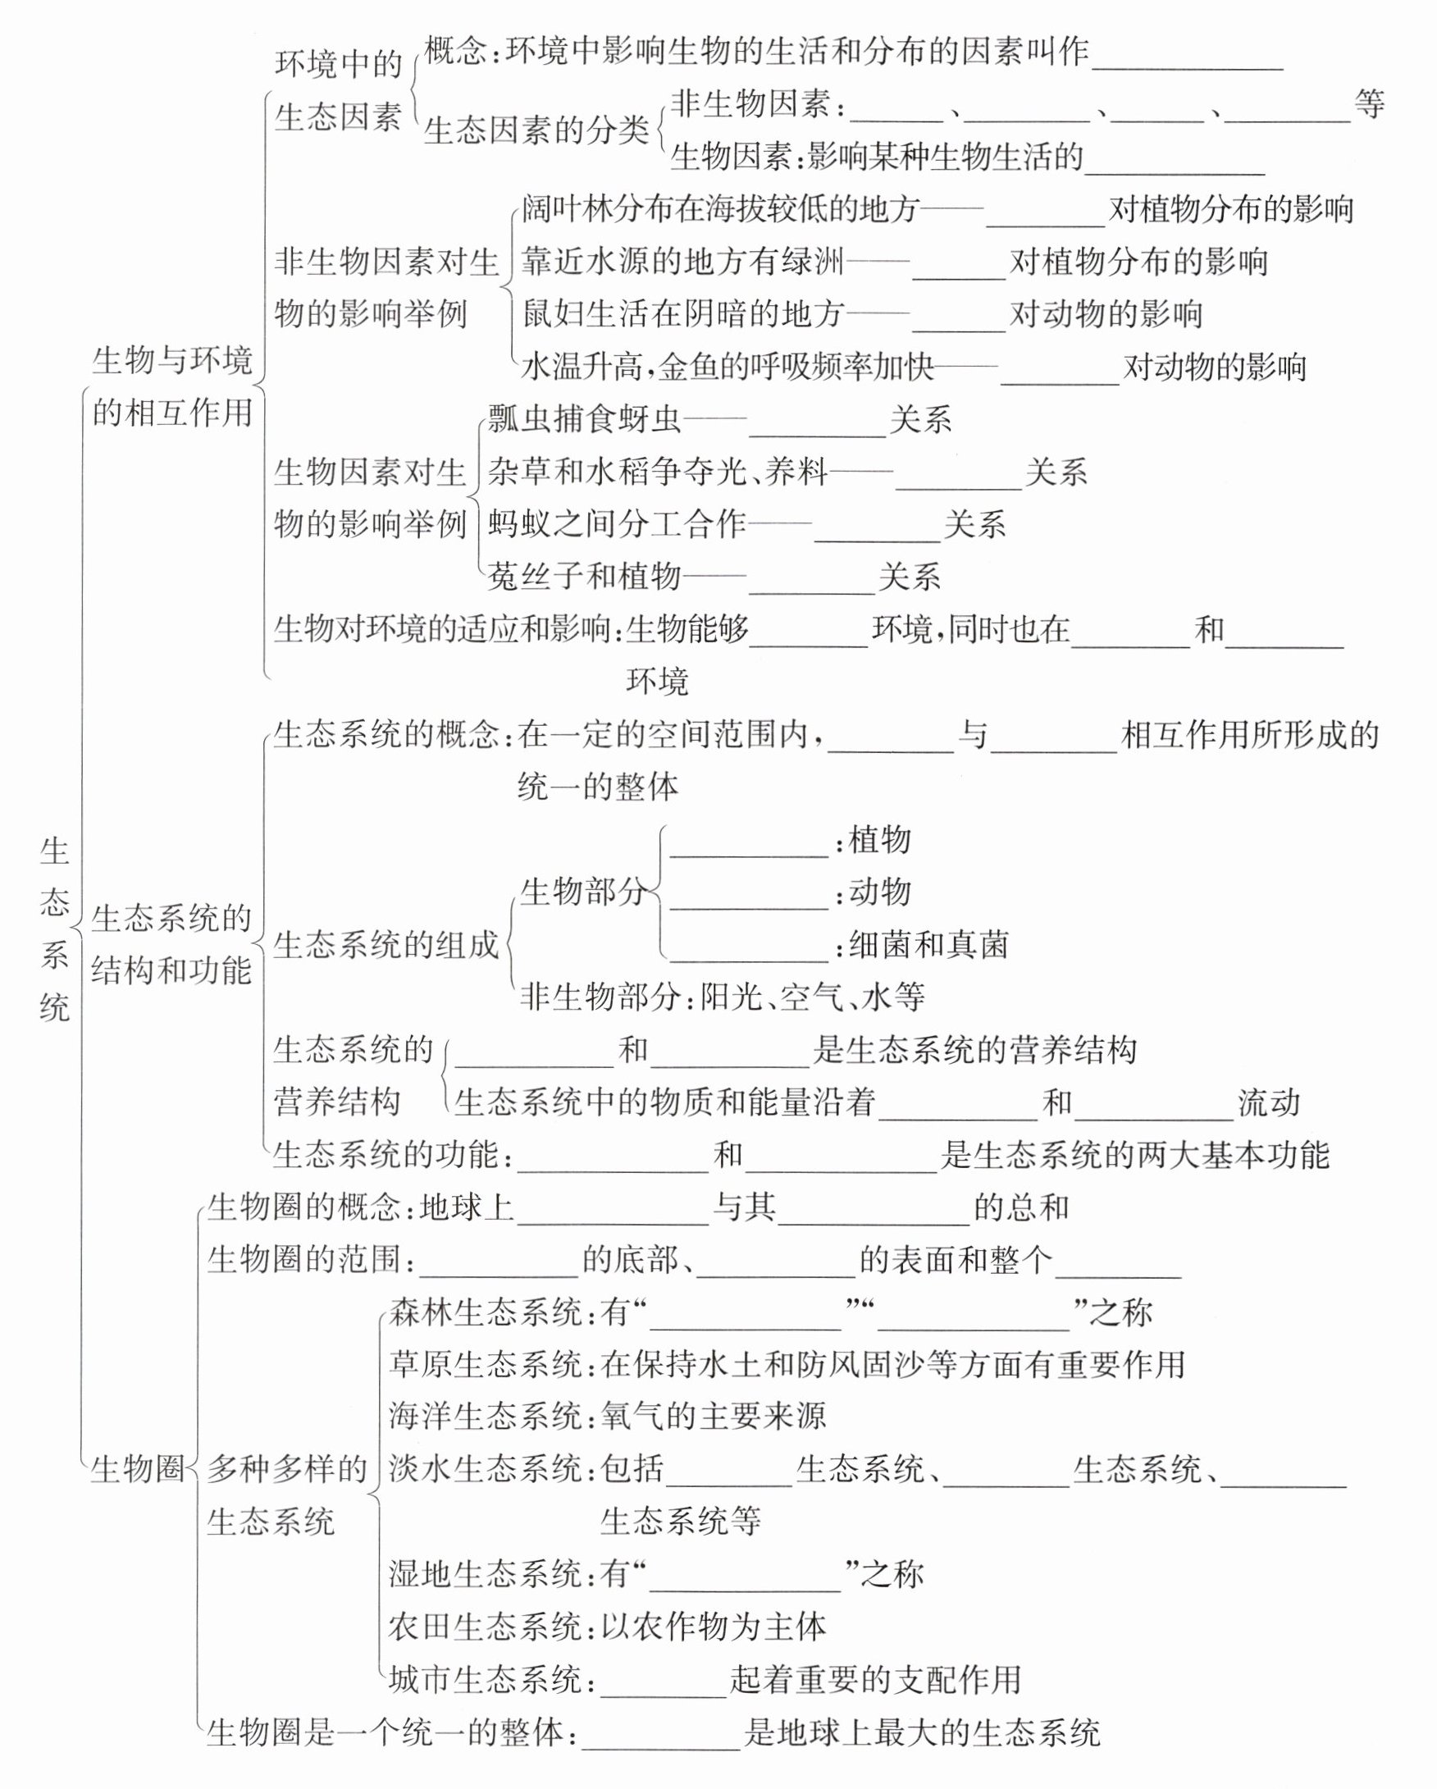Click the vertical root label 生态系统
click(55, 929)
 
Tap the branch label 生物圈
click(137, 1470)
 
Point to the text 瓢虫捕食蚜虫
click(584, 420)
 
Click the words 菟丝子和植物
click(584, 577)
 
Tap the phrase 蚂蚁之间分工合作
click(617, 524)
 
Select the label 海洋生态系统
click(486, 1417)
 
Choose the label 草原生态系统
click(486, 1364)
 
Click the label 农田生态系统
click(486, 1627)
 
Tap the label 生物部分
click(582, 892)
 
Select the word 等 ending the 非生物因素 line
click(1369, 104)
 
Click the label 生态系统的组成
click(385, 945)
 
